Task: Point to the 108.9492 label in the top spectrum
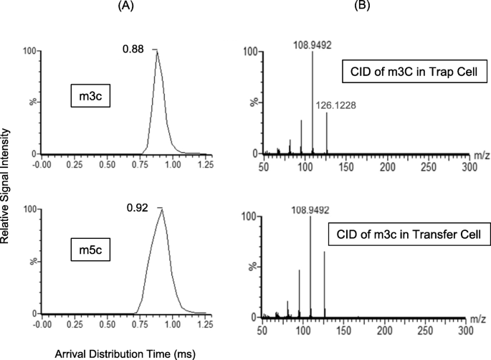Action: click(x=313, y=42)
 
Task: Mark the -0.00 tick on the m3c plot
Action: click(x=42, y=164)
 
